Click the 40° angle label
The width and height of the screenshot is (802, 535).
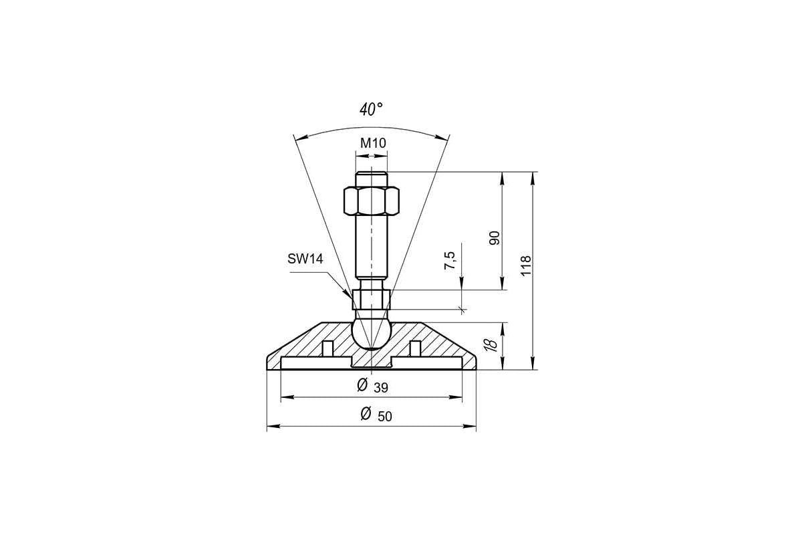coord(372,109)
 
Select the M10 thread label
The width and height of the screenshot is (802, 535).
coord(373,143)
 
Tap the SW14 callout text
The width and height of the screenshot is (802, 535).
coord(305,259)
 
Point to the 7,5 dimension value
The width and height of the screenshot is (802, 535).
coord(450,261)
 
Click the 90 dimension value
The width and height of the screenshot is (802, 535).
coord(494,238)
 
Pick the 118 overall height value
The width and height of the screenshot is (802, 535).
coord(525,265)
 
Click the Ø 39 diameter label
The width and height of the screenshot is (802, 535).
coord(373,386)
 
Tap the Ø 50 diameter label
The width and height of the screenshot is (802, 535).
coord(376,415)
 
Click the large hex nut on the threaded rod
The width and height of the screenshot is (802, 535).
coord(372,201)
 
